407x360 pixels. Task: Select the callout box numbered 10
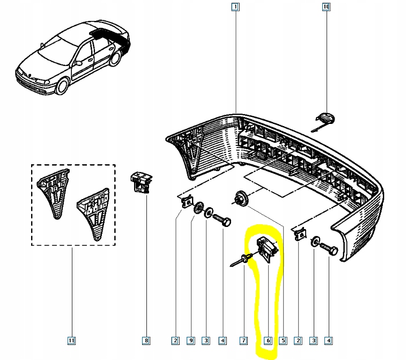[x=326, y=7]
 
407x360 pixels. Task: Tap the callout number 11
[x=72, y=340]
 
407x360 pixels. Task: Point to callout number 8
[x=146, y=340]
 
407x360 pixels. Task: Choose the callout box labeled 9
[x=191, y=340]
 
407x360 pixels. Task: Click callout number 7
[x=243, y=340]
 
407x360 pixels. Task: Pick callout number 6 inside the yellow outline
[x=267, y=340]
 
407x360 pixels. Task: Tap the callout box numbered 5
[x=283, y=340]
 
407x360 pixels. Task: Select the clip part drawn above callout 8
[x=142, y=181]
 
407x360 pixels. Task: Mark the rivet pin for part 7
[x=240, y=261]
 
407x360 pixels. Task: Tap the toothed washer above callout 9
[x=198, y=207]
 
